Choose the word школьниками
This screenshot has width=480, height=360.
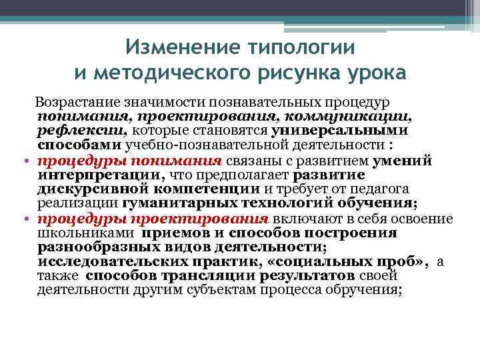(85, 233)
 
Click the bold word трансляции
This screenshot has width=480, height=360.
(201, 275)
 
